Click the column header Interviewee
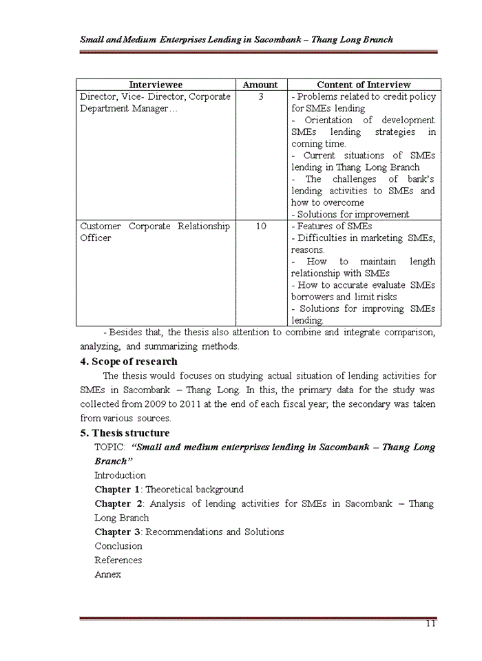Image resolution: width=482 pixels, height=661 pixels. pyautogui.click(x=155, y=85)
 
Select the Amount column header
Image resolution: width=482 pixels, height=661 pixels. pyautogui.click(x=260, y=85)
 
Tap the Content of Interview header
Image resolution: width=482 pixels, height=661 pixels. pyautogui.click(x=364, y=85)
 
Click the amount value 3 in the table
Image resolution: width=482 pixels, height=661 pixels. pyautogui.click(x=261, y=97)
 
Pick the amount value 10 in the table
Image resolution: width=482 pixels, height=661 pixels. pyautogui.click(x=261, y=226)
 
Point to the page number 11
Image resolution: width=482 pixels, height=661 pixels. pyautogui.click(x=430, y=624)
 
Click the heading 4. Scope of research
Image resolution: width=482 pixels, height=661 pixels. pyautogui.click(x=129, y=361)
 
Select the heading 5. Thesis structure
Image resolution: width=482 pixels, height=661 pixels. pyautogui.click(x=125, y=433)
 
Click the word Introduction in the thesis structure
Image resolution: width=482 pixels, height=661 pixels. pyautogui.click(x=120, y=475)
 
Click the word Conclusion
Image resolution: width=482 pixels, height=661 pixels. pyautogui.click(x=118, y=546)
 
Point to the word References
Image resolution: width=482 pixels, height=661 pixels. pyautogui.click(x=118, y=560)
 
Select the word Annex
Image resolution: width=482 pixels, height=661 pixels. pyautogui.click(x=107, y=574)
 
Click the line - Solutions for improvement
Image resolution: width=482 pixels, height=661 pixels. pyautogui.click(x=350, y=214)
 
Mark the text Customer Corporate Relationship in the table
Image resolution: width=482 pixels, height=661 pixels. pyautogui.click(x=155, y=226)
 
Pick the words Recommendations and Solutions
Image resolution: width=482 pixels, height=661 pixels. pyautogui.click(x=214, y=532)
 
